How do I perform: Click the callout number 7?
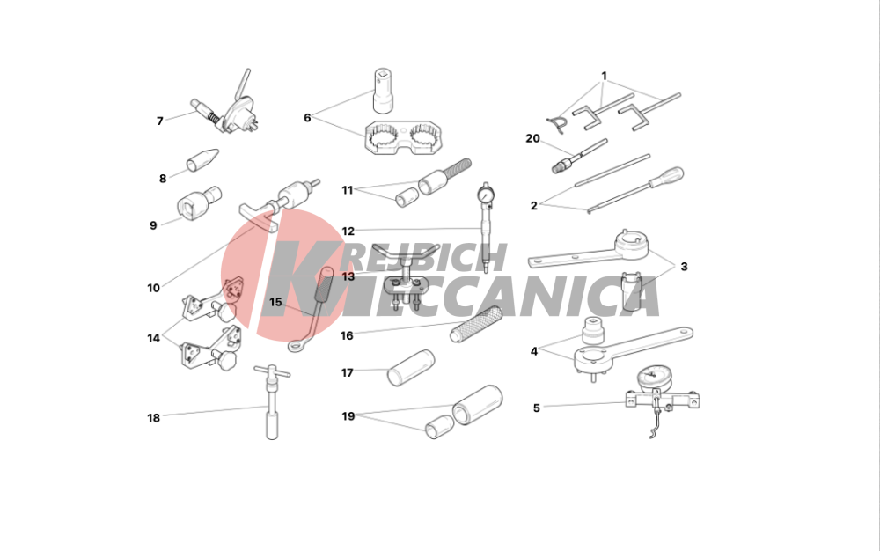point(160,121)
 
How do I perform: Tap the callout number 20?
point(532,138)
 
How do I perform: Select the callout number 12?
point(348,231)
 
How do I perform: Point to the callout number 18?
point(153,418)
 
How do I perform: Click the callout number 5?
point(537,408)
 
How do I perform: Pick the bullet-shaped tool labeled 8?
point(202,159)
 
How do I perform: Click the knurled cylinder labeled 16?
point(475,324)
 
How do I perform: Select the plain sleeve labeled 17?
point(411,368)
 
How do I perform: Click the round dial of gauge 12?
point(484,195)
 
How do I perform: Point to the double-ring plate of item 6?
point(404,138)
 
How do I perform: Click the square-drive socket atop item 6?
point(384,90)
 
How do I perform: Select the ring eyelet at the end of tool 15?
point(297,344)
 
